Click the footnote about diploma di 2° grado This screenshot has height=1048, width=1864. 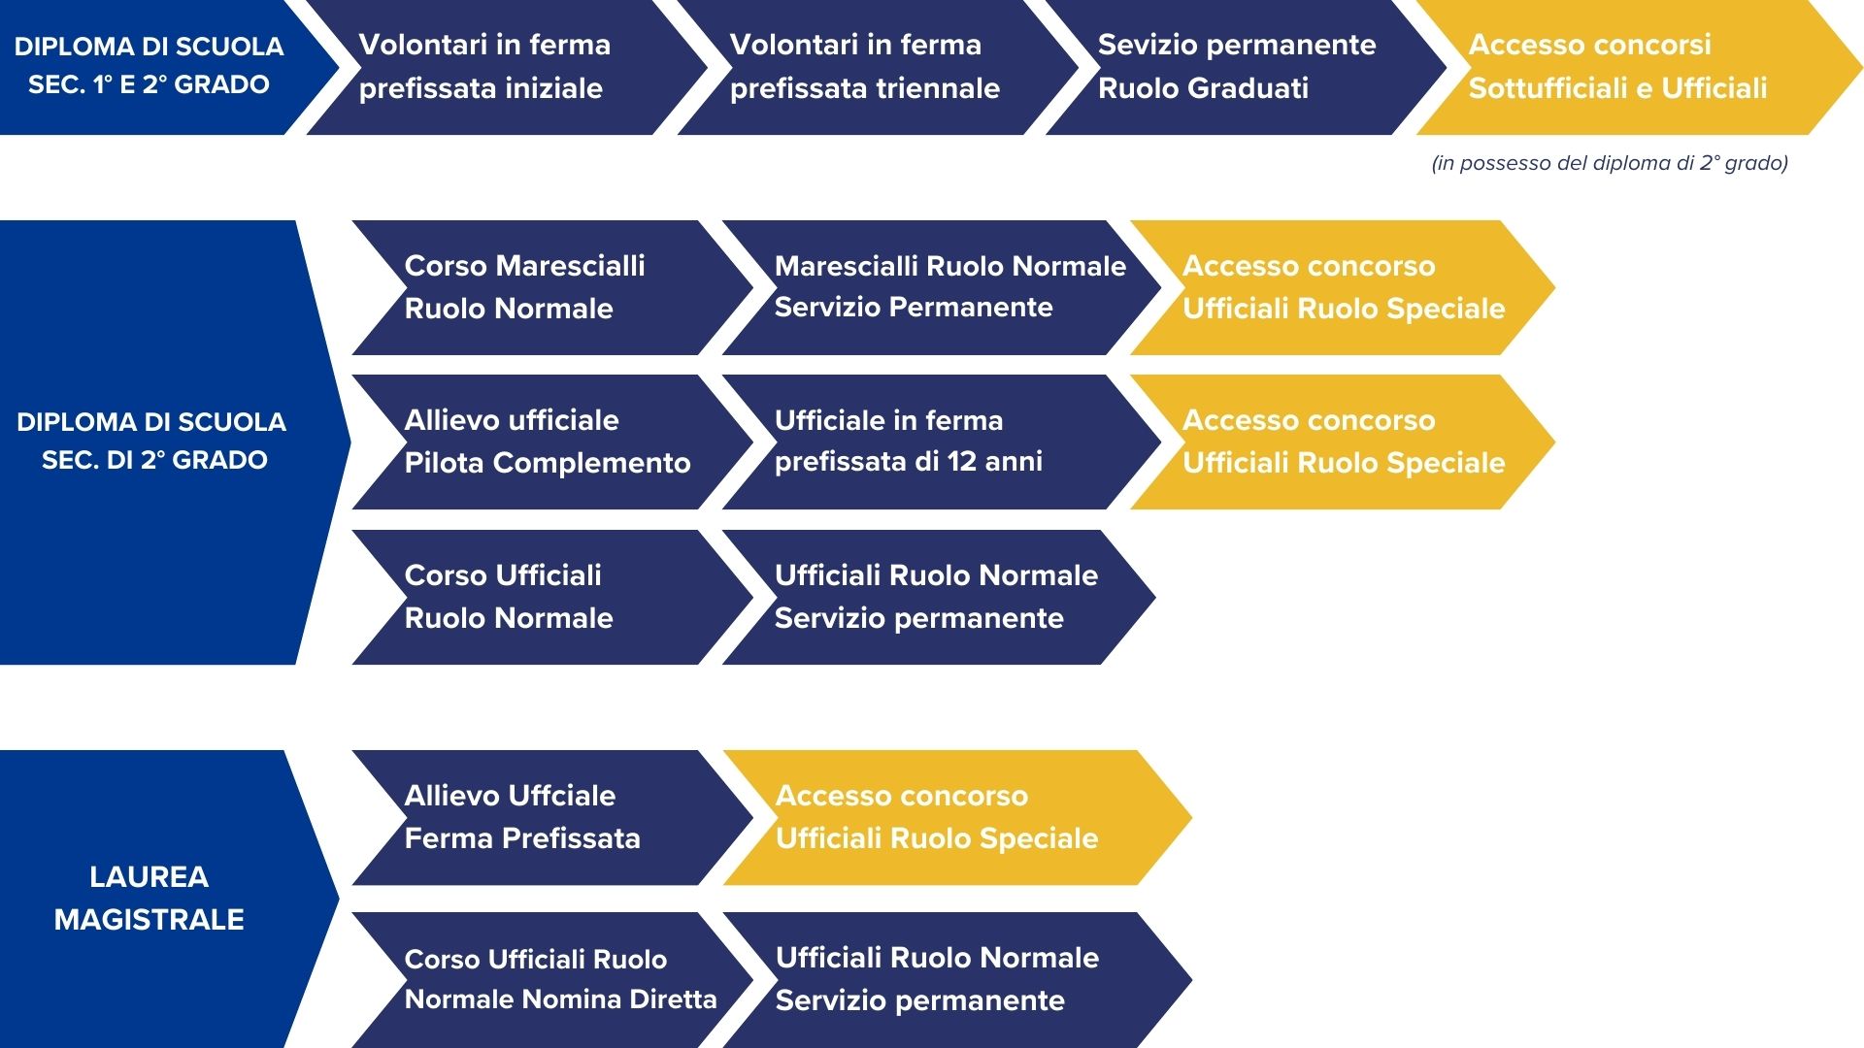pos(1610,163)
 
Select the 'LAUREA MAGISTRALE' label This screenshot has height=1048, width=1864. pos(149,898)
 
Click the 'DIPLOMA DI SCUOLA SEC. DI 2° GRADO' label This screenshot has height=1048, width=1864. pos(152,441)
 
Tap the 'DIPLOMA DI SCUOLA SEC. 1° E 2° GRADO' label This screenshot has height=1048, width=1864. pos(149,65)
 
